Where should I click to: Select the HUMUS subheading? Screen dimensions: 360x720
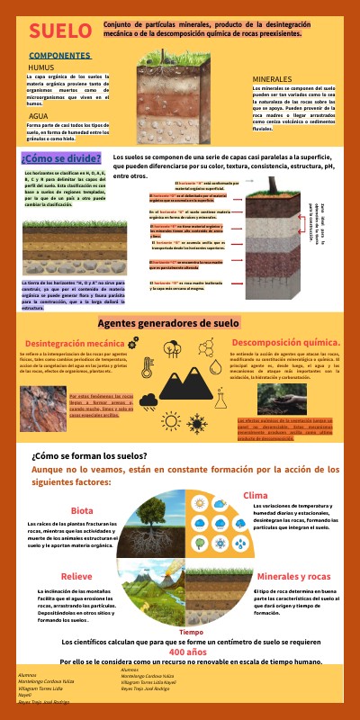(41, 67)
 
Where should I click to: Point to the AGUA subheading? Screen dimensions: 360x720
(39, 116)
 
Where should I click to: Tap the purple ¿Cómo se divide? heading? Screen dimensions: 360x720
(60, 158)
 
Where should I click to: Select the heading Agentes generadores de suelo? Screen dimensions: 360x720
(180, 323)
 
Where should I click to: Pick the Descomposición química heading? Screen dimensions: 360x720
(286, 342)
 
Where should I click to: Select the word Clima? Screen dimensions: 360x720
(255, 495)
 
